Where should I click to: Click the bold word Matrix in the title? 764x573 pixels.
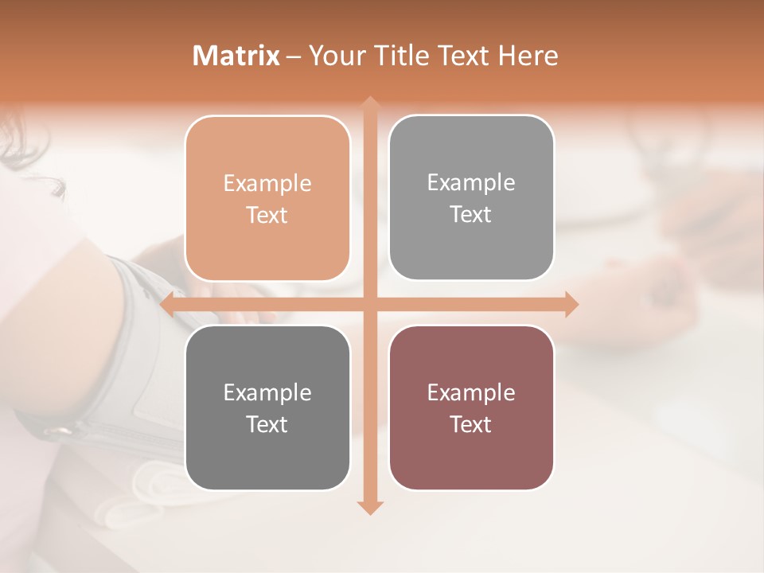click(x=236, y=56)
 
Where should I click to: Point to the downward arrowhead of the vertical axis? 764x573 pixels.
click(x=369, y=507)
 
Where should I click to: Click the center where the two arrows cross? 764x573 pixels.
click(x=369, y=305)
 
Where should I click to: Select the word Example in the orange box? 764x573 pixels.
click(x=267, y=184)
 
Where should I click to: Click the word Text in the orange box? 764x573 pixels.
click(x=267, y=215)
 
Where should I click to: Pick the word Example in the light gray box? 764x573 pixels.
click(x=471, y=183)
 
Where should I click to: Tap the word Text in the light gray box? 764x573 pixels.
click(x=471, y=214)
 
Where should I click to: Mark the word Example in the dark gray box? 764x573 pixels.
click(x=267, y=393)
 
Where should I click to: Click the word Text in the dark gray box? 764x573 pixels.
click(x=267, y=424)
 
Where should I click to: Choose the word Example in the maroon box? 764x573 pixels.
click(x=471, y=393)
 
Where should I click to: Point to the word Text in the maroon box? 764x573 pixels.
click(x=471, y=424)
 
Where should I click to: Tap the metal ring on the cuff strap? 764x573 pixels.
click(x=57, y=431)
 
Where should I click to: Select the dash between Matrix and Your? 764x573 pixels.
click(x=294, y=57)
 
